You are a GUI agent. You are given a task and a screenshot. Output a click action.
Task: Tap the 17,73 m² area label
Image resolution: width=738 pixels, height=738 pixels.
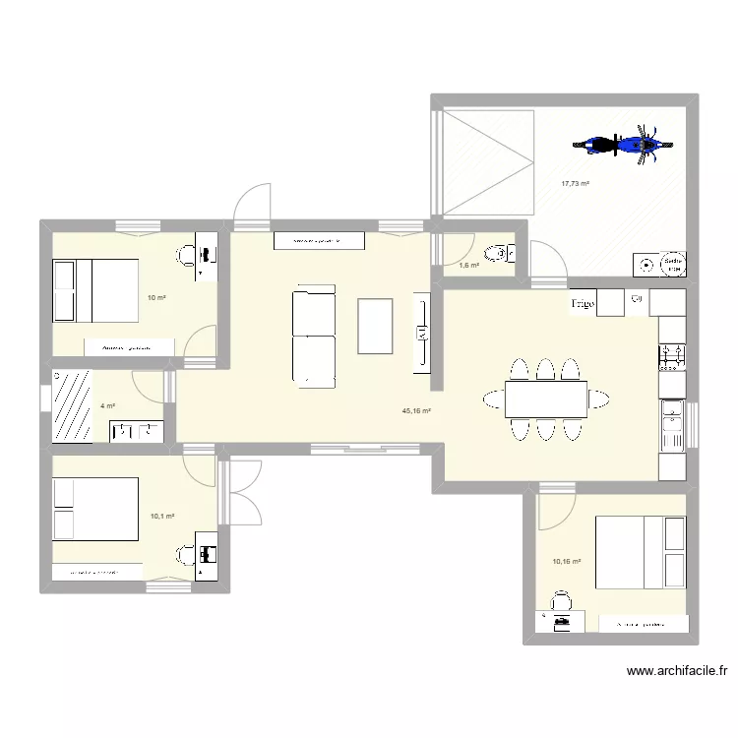575,183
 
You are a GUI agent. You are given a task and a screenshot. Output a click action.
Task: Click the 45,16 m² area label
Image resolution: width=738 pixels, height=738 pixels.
416,411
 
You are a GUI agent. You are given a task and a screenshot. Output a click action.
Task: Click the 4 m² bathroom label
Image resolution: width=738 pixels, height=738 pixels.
108,405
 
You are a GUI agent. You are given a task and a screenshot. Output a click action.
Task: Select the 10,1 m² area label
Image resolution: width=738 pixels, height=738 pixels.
162,516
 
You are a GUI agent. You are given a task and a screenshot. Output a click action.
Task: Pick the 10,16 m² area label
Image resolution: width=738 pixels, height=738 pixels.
567,562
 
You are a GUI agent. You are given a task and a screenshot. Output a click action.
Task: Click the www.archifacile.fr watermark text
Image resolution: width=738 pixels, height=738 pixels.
676,672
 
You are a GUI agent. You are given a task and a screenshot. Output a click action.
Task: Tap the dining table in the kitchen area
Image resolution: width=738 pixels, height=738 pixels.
545,398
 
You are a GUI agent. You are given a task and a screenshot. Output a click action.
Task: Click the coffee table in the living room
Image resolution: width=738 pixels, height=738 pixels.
374,326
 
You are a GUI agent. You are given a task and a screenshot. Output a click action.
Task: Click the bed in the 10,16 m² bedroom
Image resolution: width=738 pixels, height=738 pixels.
640,552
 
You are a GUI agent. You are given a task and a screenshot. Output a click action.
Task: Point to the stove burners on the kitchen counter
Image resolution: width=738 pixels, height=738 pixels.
671,354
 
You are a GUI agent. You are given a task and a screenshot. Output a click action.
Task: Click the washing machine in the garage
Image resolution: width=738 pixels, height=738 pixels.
646,264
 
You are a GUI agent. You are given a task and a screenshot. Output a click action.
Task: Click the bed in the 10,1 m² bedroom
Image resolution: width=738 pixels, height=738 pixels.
95,509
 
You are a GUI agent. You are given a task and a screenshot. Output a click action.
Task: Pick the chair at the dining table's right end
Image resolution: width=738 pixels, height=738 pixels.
597,399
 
